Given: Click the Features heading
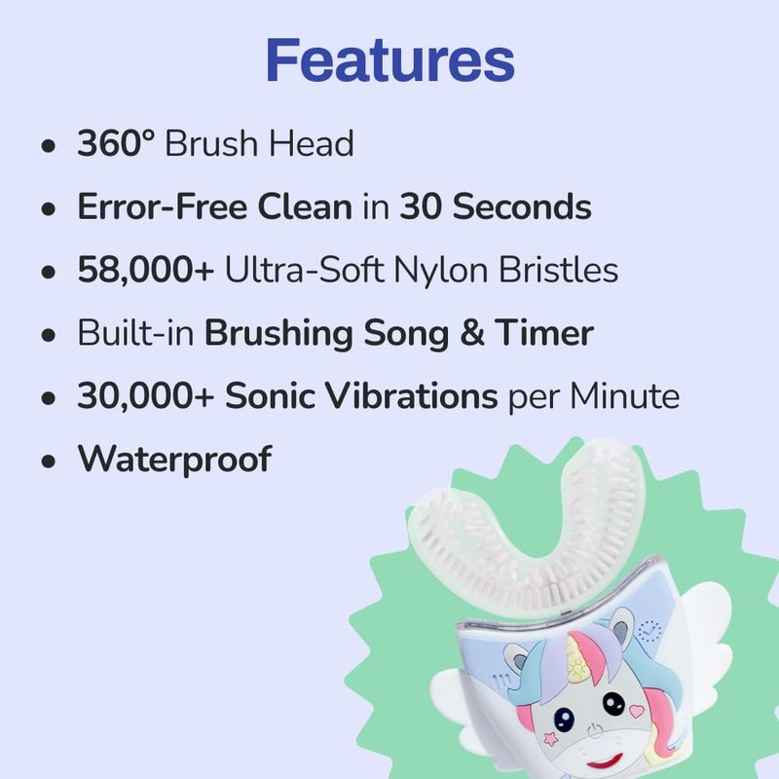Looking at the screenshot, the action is [x=390, y=60].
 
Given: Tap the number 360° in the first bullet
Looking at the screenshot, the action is [x=116, y=143].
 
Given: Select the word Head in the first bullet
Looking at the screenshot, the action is [x=312, y=143].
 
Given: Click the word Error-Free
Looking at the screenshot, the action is [x=163, y=206].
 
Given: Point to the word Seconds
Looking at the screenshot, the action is [x=522, y=206].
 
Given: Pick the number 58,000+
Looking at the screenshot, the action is [x=145, y=270].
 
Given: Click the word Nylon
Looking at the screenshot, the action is [x=440, y=271].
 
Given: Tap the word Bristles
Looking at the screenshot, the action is [x=558, y=270].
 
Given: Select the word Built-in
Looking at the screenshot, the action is [x=135, y=332].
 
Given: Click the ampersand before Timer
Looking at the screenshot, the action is [x=472, y=333].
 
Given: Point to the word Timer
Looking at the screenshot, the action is [x=544, y=332].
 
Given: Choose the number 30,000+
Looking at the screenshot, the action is [x=145, y=396].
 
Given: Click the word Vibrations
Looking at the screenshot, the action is [x=411, y=396].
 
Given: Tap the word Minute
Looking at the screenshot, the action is [x=624, y=396].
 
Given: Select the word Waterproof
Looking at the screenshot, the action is [x=174, y=460].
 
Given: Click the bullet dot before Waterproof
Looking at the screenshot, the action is [x=48, y=462].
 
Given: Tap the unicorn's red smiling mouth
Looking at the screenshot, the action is [x=605, y=761].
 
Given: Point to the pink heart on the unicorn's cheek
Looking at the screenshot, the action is [x=637, y=711].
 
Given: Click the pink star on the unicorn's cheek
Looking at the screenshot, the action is [x=550, y=738].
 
